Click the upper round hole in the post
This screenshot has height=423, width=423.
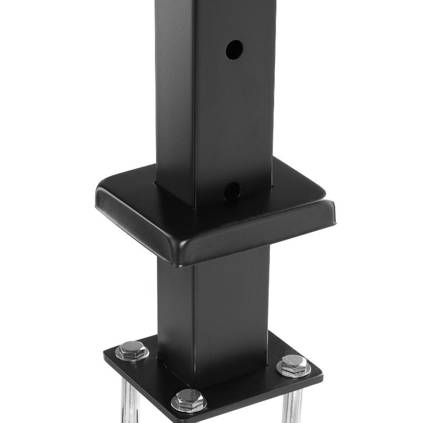(x=234, y=50)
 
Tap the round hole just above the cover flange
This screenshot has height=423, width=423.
(x=232, y=190)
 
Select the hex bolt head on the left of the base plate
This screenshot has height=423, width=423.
(x=132, y=350)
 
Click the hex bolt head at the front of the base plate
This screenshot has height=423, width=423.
(x=189, y=398)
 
